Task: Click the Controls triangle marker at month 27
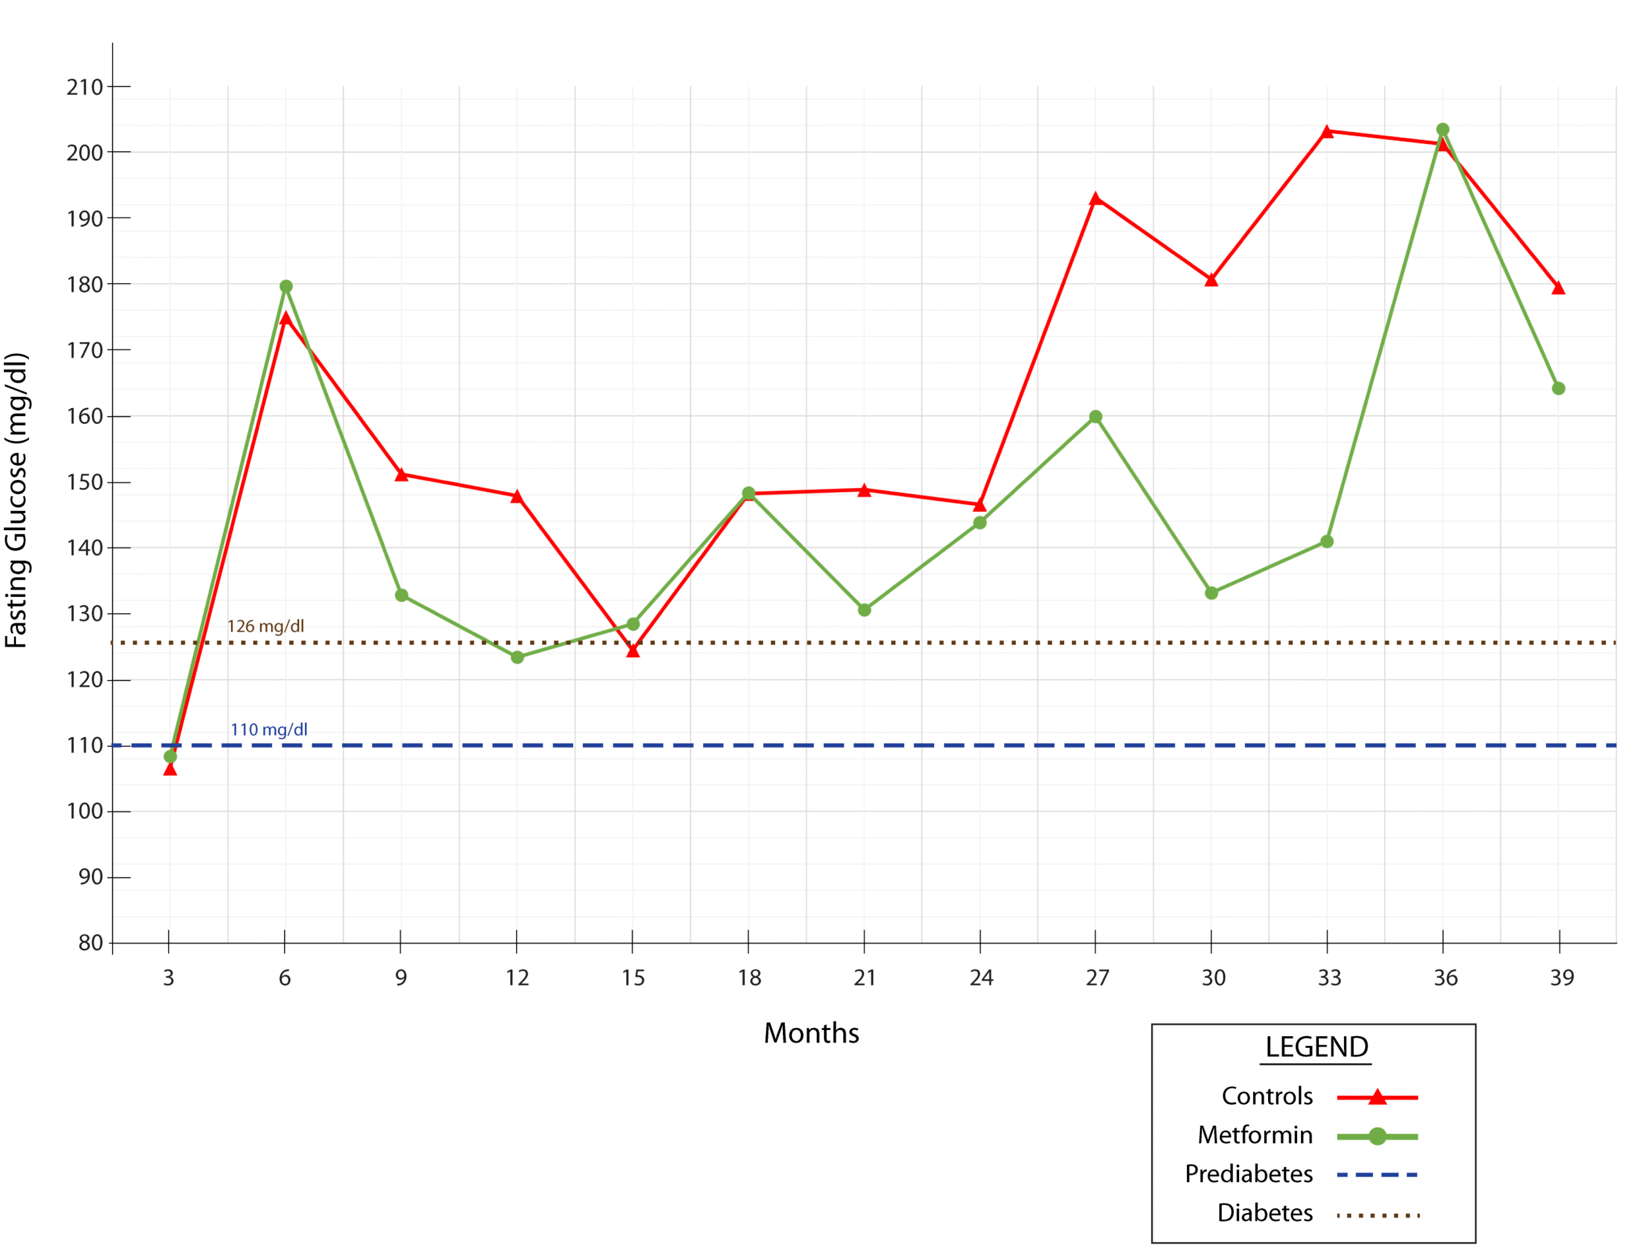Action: point(1095,199)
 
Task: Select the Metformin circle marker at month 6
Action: point(286,286)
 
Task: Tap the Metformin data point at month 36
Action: point(1443,129)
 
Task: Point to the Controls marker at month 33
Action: point(1327,132)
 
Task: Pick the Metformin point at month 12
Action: point(517,657)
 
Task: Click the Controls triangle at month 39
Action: point(1558,288)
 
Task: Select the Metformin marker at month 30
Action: point(1211,593)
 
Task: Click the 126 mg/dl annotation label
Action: point(266,626)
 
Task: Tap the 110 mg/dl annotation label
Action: point(269,729)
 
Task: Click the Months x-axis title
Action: point(811,1033)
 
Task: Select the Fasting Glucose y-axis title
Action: point(16,500)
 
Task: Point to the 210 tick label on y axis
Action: point(85,87)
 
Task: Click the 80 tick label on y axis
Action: point(91,943)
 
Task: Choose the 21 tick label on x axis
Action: point(865,977)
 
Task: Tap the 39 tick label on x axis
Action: point(1562,977)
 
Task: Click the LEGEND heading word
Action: point(1316,1047)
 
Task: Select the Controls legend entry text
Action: point(1267,1095)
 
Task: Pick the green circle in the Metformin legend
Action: point(1377,1137)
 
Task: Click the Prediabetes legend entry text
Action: point(1249,1174)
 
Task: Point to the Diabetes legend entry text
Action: point(1265,1213)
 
